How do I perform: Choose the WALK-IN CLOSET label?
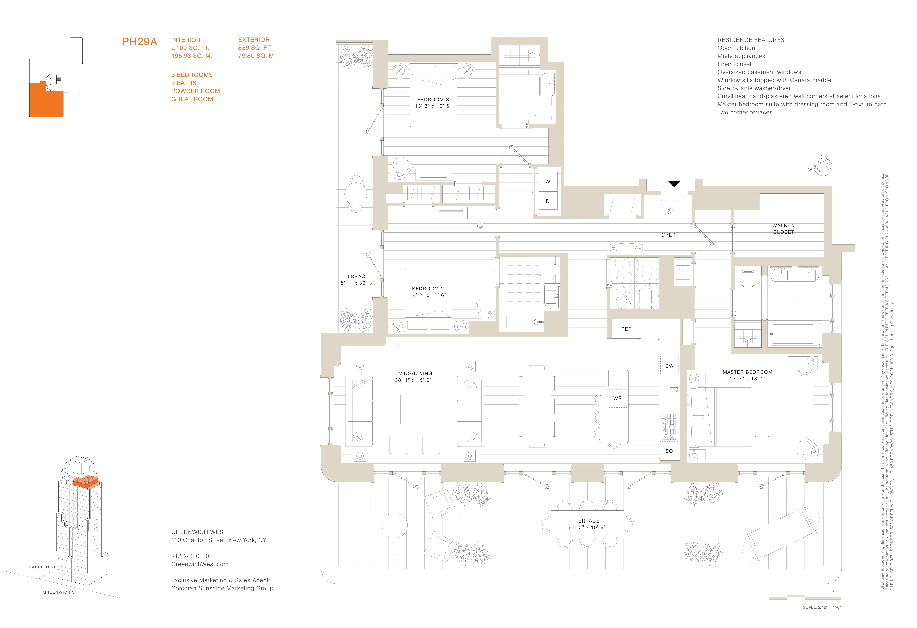(x=783, y=229)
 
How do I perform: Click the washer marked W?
(x=548, y=182)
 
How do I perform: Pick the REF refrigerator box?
(x=626, y=329)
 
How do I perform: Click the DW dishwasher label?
(x=669, y=366)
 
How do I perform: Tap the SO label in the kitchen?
(x=669, y=451)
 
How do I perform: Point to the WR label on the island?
(x=617, y=398)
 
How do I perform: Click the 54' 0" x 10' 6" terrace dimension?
(x=587, y=527)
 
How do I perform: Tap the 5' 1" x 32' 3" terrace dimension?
(x=357, y=283)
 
